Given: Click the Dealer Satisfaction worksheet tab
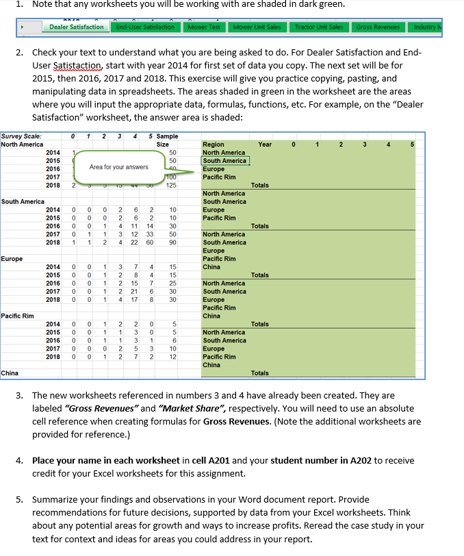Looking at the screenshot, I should [x=76, y=27].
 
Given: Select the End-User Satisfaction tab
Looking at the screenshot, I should [x=145, y=27].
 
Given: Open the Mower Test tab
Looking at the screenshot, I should [x=204, y=27].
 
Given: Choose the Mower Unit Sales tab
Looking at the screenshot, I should [x=257, y=27].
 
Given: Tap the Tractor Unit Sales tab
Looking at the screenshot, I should [x=318, y=27].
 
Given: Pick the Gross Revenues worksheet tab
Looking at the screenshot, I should [x=378, y=27].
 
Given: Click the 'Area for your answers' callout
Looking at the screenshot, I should [x=118, y=166].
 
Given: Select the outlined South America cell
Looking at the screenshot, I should [x=224, y=161].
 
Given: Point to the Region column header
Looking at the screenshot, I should [x=213, y=144].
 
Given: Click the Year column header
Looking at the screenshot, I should [x=265, y=144].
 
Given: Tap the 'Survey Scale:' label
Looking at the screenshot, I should [x=21, y=136].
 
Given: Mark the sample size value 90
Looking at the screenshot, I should [x=172, y=242].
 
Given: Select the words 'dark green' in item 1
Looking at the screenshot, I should [x=320, y=5].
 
